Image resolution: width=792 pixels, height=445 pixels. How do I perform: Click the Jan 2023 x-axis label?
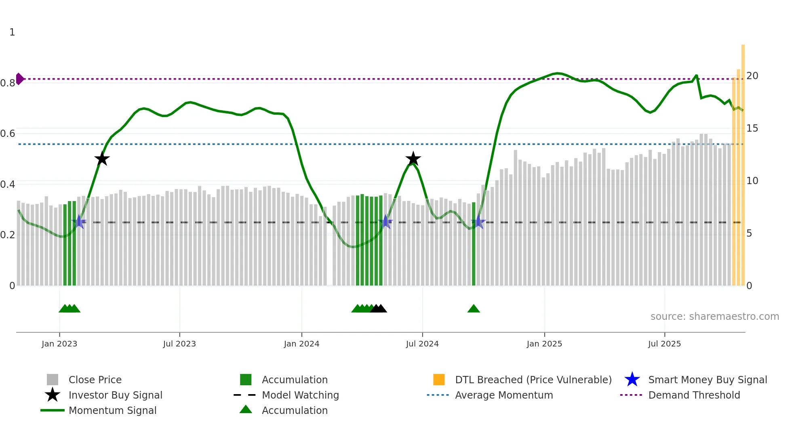tap(59, 344)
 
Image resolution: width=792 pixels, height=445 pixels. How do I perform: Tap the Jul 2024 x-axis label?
tap(422, 344)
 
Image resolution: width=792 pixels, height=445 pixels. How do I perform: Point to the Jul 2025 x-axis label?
tap(664, 344)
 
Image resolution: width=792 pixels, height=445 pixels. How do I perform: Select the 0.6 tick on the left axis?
tap(8, 134)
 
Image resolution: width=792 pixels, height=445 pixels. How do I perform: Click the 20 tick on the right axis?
tap(752, 76)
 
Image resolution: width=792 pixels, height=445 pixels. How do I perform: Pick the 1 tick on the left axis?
tap(12, 32)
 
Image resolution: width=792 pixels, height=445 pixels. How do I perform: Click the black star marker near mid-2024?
tap(413, 159)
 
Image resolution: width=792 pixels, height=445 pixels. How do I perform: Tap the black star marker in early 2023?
tap(102, 159)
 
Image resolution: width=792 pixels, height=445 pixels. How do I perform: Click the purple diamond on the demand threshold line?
tap(19, 79)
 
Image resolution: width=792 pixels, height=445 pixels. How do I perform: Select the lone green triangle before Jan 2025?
tap(474, 309)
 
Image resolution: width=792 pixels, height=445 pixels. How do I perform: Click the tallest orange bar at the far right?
tap(743, 162)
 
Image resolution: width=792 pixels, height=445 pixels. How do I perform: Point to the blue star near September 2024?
tap(478, 222)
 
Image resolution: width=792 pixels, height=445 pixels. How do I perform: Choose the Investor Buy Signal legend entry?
tap(115, 395)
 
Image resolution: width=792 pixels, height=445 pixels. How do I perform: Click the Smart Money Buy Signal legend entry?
tap(707, 380)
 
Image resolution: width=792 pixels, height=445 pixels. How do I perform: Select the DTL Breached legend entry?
tap(533, 380)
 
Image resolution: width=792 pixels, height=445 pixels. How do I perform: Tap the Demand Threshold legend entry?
tap(694, 395)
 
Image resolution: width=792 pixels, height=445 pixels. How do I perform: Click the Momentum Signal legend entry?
tap(112, 410)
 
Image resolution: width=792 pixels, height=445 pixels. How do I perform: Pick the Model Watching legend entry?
tap(300, 395)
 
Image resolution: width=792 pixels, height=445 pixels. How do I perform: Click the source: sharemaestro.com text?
tap(714, 317)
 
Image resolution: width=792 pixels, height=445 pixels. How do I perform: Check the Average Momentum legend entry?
tap(503, 395)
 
